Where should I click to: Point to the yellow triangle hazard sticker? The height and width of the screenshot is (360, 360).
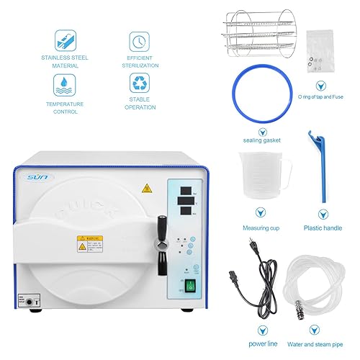click(148, 189)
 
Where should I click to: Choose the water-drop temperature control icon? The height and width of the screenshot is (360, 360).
click(63, 86)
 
